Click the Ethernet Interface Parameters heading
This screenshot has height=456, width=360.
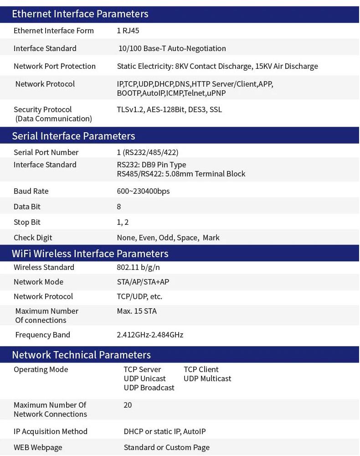tap(80, 14)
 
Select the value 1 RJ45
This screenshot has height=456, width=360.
tap(128, 31)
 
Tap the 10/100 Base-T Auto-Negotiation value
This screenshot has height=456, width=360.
tap(172, 48)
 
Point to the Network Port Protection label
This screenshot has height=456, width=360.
tap(55, 66)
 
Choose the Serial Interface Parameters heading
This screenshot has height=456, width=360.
tap(73, 136)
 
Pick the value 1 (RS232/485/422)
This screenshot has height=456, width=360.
tap(148, 152)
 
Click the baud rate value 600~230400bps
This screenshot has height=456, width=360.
tap(143, 191)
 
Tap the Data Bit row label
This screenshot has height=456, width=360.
tap(27, 207)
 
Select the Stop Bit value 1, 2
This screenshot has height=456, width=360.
tap(123, 222)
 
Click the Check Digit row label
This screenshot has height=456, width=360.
tap(33, 238)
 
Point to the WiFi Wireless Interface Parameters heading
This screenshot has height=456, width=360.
tap(90, 254)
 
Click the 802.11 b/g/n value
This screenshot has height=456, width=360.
tap(138, 267)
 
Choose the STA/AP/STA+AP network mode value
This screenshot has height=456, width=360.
tap(143, 282)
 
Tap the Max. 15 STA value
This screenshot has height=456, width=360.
tap(137, 311)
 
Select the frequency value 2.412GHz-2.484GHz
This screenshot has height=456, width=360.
tap(150, 335)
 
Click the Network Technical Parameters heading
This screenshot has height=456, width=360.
tap(81, 355)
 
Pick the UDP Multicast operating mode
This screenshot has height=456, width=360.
tap(207, 378)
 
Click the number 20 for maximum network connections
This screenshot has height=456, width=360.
tap(128, 405)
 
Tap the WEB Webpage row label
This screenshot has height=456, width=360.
tap(38, 447)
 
